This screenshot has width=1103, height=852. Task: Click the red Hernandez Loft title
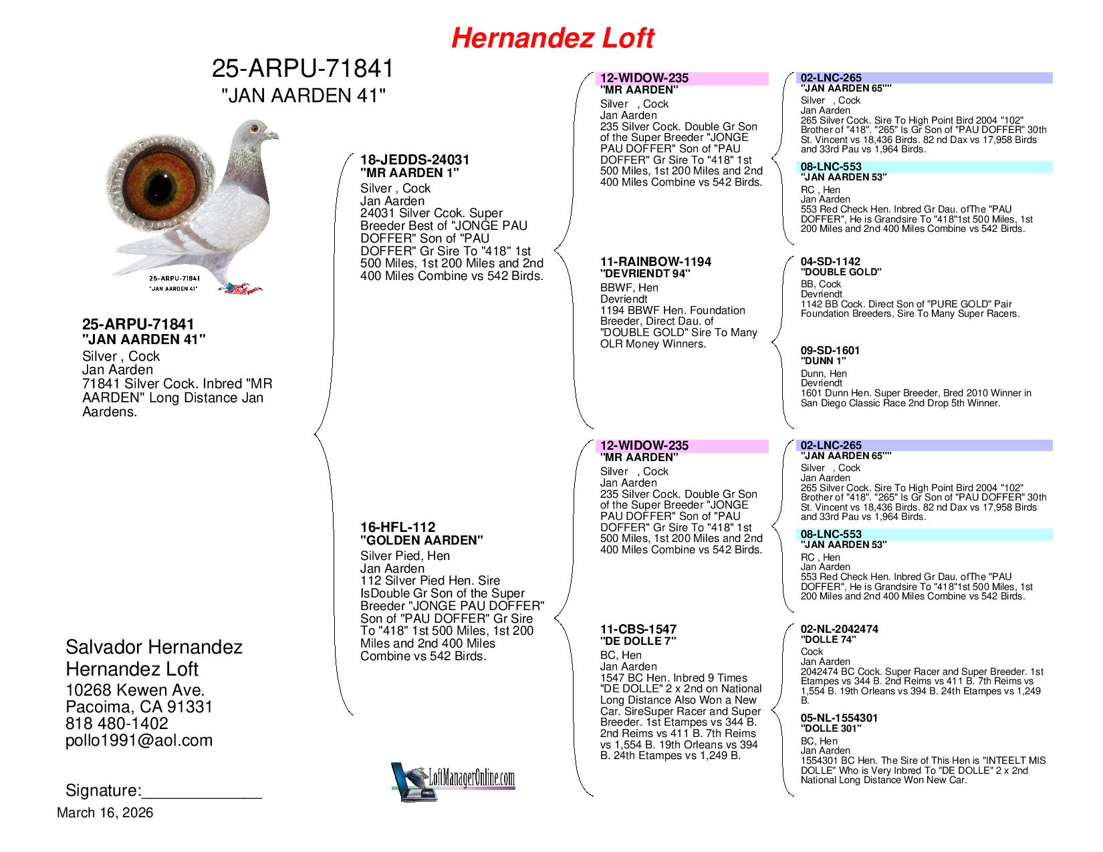pyautogui.click(x=552, y=38)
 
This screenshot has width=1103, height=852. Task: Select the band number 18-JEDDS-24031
pyautogui.click(x=415, y=160)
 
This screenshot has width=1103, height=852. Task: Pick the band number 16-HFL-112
pyautogui.click(x=398, y=527)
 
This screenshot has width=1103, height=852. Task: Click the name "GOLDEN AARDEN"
pyautogui.click(x=422, y=541)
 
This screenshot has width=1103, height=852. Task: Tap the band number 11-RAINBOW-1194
pyautogui.click(x=656, y=261)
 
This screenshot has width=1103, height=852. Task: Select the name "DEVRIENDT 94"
pyautogui.click(x=645, y=273)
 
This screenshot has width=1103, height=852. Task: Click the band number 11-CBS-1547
pyautogui.click(x=638, y=629)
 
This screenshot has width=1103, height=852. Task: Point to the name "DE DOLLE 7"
pyautogui.click(x=638, y=641)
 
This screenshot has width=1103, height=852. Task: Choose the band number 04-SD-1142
pyautogui.click(x=830, y=261)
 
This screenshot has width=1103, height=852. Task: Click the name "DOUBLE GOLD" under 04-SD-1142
pyautogui.click(x=841, y=272)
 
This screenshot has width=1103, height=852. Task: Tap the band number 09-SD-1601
pyautogui.click(x=830, y=350)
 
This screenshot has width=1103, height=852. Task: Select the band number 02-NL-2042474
pyautogui.click(x=840, y=629)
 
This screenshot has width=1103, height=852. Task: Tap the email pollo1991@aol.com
pyautogui.click(x=139, y=740)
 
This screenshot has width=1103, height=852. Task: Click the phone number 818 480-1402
pyautogui.click(x=117, y=724)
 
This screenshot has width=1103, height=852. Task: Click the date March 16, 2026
pyautogui.click(x=105, y=813)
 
